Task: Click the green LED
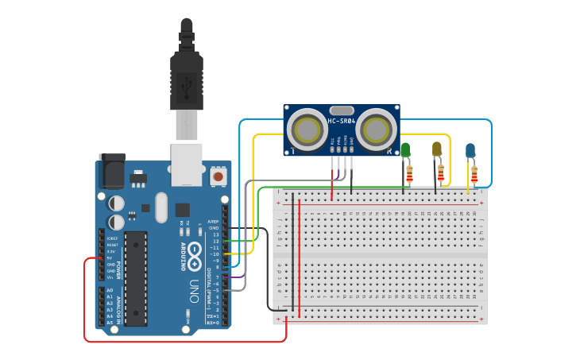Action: pyautogui.click(x=405, y=149)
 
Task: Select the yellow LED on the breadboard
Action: pyautogui.click(x=436, y=149)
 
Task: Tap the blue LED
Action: pyautogui.click(x=470, y=149)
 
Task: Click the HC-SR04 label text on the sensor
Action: pyautogui.click(x=342, y=122)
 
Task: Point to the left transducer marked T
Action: pyautogui.click(x=305, y=127)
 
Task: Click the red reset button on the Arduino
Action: pyautogui.click(x=218, y=174)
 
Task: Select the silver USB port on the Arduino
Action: pyautogui.click(x=187, y=164)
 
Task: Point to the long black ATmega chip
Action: pyautogui.click(x=136, y=278)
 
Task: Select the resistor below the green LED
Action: pyautogui.click(x=409, y=173)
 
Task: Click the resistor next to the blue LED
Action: pyautogui.click(x=474, y=173)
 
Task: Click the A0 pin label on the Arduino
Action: pyautogui.click(x=110, y=291)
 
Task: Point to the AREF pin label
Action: pyautogui.click(x=213, y=222)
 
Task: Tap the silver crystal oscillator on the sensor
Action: pyautogui.click(x=342, y=110)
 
